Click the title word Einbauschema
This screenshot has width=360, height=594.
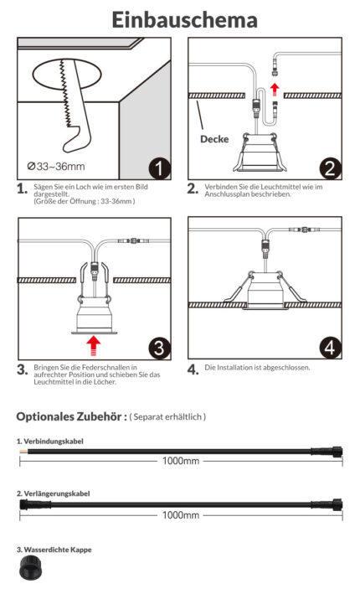click(x=185, y=20)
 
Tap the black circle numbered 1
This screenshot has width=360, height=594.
click(x=159, y=168)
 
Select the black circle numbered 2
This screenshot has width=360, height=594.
click(x=331, y=168)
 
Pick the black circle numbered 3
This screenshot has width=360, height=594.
click(x=159, y=349)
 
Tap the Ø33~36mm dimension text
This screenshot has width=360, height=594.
click(x=56, y=167)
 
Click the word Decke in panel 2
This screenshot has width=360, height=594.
click(x=214, y=139)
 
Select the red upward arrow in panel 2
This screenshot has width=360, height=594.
click(x=275, y=90)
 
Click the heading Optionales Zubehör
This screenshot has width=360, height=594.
click(x=71, y=416)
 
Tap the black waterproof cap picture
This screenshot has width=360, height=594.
click(x=31, y=567)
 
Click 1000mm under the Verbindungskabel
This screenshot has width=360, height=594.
click(x=181, y=461)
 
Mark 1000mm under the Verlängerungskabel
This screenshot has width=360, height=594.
click(x=181, y=515)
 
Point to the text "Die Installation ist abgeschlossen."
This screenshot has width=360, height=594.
click(x=257, y=368)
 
